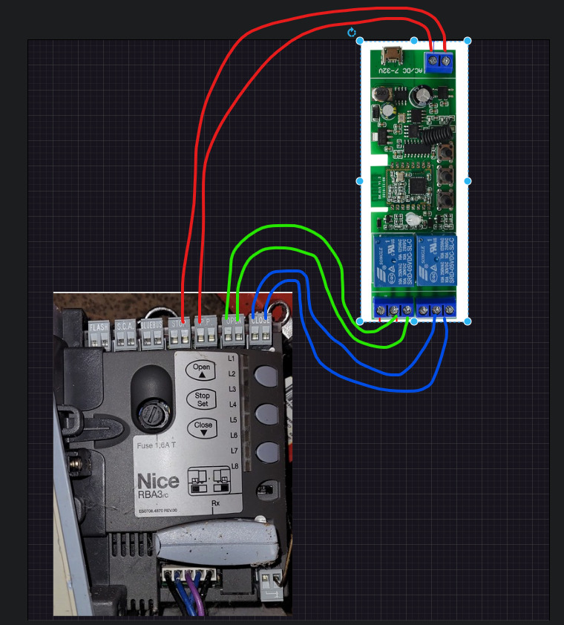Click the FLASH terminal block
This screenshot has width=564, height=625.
pos(99,335)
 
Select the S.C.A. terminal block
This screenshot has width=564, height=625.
pos(125,335)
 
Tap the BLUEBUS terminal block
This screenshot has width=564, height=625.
pos(151,335)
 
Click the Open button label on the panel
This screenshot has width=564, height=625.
pos(202,370)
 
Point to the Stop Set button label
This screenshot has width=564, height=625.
pos(202,400)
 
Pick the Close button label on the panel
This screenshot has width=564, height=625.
pos(203,429)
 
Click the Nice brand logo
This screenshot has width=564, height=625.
pos(158,482)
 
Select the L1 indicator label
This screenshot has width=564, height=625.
pos(232,359)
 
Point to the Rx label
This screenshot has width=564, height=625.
pos(216,504)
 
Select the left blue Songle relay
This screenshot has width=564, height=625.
pos(392,260)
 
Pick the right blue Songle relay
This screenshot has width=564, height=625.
pos(436,260)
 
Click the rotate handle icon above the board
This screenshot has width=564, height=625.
pos(352,33)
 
